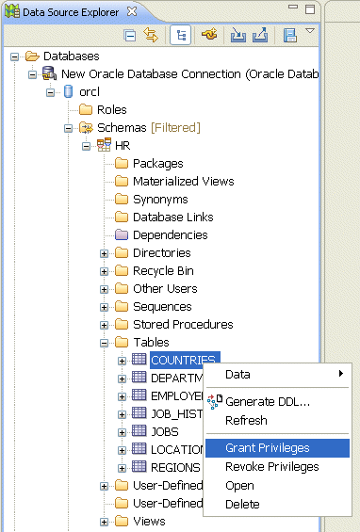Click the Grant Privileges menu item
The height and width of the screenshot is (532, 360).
[267, 448]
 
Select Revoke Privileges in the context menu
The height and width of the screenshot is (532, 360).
[271, 467]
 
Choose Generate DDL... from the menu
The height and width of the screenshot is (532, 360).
[268, 402]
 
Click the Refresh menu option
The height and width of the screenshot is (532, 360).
[246, 421]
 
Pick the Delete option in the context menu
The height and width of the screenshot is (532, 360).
[241, 505]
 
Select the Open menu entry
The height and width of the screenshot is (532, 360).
[239, 486]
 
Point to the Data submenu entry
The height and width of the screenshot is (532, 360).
[237, 374]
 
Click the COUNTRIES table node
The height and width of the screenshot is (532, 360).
[184, 360]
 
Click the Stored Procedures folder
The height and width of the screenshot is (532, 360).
[182, 324]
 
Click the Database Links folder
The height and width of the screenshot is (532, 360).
[172, 217]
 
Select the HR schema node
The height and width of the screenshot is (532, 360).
[123, 145]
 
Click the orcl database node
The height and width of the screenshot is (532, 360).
[90, 91]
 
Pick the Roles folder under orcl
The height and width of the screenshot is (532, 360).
[111, 109]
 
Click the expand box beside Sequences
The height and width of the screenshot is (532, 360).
[104, 306]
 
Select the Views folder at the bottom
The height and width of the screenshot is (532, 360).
[149, 521]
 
